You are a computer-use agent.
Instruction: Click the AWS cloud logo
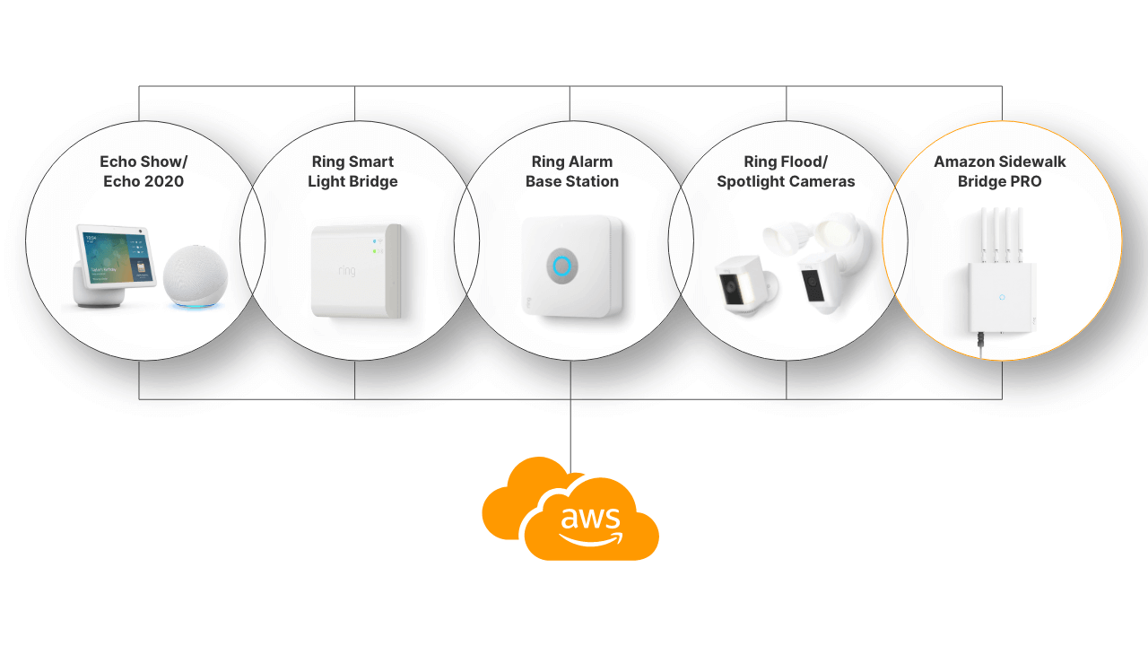570,511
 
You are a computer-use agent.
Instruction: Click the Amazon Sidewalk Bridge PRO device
1000,296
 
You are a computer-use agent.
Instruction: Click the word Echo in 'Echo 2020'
118,181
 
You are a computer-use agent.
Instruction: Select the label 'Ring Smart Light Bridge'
352,171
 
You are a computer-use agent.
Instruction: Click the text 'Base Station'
572,181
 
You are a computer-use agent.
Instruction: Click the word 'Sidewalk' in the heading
1031,161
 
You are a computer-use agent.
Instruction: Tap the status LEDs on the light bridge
376,246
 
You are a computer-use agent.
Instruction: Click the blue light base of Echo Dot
196,305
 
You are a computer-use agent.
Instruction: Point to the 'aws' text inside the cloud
590,518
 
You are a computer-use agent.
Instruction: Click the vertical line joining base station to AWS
570,422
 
